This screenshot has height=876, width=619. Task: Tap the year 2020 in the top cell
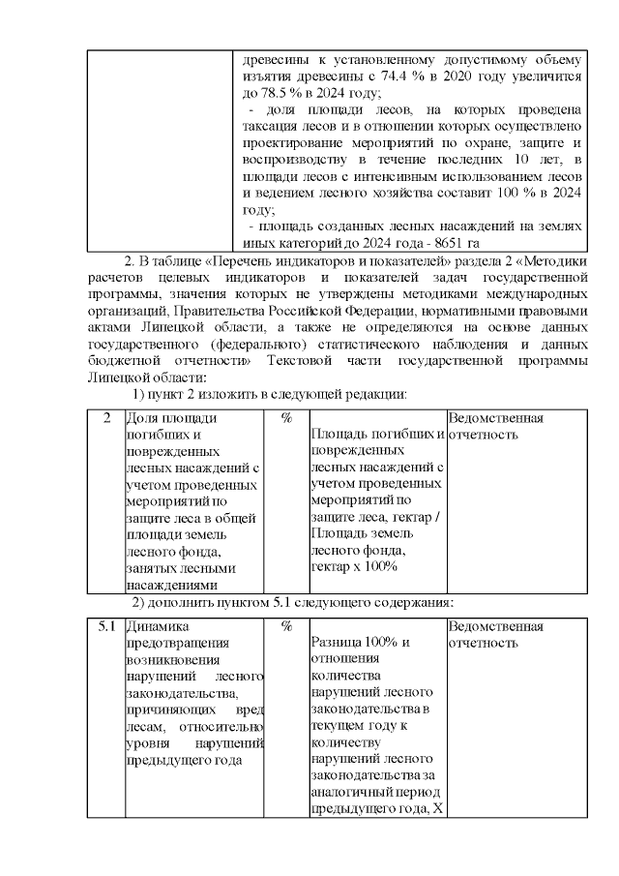click(x=486, y=76)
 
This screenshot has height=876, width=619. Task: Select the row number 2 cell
click(x=105, y=418)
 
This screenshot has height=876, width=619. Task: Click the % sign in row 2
click(x=287, y=418)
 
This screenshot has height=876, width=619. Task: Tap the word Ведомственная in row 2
click(x=496, y=418)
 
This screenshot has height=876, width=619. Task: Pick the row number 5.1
click(x=105, y=626)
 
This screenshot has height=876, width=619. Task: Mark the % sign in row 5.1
click(x=287, y=626)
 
